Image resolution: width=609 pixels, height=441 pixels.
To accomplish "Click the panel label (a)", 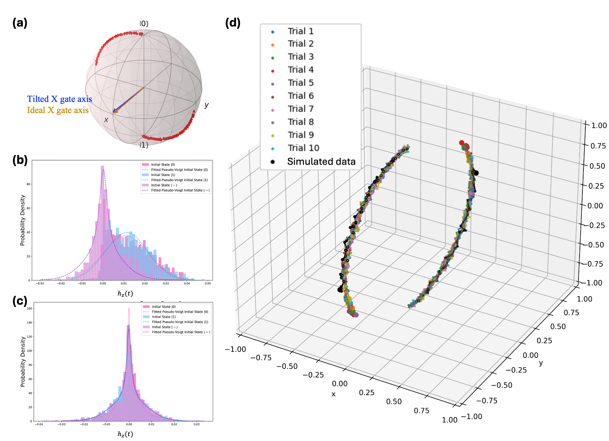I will tap(20, 23).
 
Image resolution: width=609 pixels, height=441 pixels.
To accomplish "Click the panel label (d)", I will tap(233, 23).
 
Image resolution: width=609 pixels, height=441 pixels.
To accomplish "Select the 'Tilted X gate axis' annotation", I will tap(59, 99).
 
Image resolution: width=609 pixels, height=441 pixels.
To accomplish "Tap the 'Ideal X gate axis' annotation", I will tap(58, 110).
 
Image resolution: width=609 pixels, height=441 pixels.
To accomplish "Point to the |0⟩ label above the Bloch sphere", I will tap(144, 24).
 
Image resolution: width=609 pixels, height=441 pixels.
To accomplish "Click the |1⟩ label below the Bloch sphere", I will tap(144, 145).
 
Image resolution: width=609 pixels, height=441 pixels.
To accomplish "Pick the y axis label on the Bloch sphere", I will tap(206, 105).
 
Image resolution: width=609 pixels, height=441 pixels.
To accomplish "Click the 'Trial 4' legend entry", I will tap(301, 70).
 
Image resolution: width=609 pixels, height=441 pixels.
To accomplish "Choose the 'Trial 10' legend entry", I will tap(303, 148).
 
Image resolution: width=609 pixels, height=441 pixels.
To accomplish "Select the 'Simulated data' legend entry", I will tap(321, 162).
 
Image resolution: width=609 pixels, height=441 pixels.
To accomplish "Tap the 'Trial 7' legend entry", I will tap(301, 109).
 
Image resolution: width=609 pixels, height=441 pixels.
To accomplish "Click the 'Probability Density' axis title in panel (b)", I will tap(23, 220).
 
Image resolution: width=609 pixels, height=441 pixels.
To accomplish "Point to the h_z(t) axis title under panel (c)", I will tap(125, 434).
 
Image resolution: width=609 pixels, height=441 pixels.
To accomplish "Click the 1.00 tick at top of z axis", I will tap(599, 125).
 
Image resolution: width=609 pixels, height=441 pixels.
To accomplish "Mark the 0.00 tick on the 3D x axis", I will tap(340, 384).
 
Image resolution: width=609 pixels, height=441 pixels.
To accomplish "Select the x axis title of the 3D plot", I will tap(333, 394).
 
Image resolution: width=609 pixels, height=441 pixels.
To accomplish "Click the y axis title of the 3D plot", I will tap(541, 363).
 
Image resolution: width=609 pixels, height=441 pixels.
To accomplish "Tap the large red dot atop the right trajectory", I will tap(462, 143).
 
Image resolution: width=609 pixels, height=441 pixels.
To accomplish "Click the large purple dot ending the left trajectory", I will tap(356, 315).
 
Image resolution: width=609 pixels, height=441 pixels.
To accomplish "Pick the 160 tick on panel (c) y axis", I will tap(29, 308).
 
